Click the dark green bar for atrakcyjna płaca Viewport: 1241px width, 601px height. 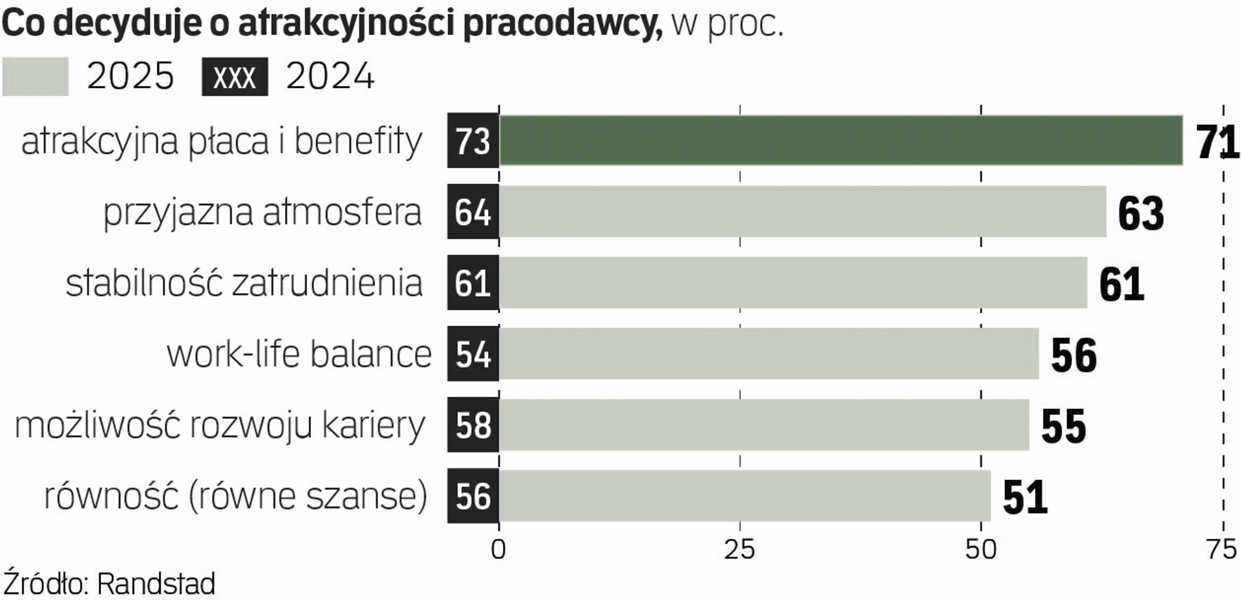(x=840, y=140)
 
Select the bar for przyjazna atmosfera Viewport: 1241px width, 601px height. (x=801, y=212)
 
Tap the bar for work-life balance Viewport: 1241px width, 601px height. (x=769, y=354)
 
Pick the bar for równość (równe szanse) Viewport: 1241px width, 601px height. (x=743, y=496)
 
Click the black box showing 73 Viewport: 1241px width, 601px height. (x=473, y=140)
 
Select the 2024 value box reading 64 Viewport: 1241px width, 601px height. (x=473, y=212)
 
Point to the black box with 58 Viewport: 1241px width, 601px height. (x=473, y=425)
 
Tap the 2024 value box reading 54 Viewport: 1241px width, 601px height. (x=473, y=354)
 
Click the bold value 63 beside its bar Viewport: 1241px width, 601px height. (x=1141, y=213)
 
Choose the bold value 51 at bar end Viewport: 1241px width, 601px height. (x=1025, y=497)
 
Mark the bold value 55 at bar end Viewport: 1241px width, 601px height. (x=1064, y=426)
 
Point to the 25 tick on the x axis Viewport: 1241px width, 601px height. (x=739, y=550)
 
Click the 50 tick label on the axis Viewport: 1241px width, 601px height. (x=981, y=550)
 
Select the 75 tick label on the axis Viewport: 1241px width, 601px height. (x=1222, y=550)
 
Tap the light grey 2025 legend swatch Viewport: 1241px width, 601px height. (x=36, y=77)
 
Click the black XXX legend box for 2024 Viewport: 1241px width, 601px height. (x=235, y=77)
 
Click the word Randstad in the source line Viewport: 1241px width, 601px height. (x=156, y=584)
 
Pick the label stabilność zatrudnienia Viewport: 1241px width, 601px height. (x=244, y=283)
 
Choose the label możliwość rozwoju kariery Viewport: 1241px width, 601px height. (x=220, y=426)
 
